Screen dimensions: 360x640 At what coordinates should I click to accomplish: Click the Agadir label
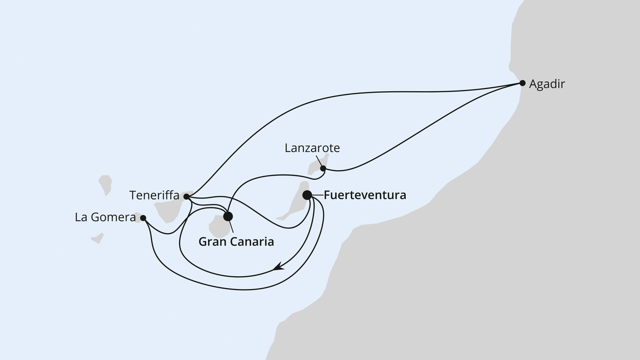pos(546,84)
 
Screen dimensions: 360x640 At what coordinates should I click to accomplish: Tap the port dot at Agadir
pos(523,83)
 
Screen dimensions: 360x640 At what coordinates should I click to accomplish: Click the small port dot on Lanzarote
pos(323,169)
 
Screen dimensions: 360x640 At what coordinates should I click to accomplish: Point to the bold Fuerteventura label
pos(365,195)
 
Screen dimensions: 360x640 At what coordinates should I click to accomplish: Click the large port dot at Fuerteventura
pos(307,195)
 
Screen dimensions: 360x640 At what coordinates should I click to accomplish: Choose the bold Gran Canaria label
pos(236,242)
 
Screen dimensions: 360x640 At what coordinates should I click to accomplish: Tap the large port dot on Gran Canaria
pos(228,216)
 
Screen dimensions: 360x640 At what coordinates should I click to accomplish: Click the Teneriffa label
pos(154,196)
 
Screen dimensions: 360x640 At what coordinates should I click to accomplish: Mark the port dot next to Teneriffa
pos(186,197)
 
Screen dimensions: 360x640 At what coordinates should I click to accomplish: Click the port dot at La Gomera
pos(143,218)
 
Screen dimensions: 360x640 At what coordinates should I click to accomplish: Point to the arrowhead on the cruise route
pos(278,268)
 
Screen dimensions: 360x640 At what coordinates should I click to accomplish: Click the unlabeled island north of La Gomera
pos(106,184)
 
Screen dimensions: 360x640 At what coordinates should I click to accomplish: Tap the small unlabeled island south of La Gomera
pos(97,238)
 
